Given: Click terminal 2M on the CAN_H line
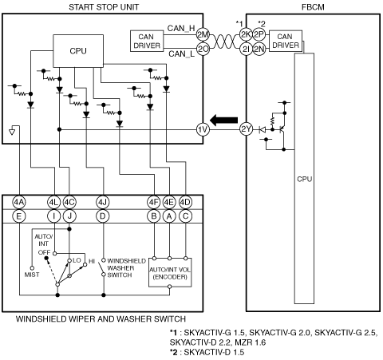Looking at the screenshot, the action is click(x=203, y=34).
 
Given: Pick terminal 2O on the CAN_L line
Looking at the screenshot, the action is click(x=203, y=49).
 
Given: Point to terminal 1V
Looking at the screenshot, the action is click(x=203, y=129).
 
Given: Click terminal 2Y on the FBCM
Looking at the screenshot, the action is click(x=246, y=129).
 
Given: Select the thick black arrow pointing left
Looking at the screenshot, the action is click(x=224, y=121).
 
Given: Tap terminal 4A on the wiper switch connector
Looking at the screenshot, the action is click(x=19, y=202).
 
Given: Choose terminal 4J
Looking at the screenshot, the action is click(x=103, y=202).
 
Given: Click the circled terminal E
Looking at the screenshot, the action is click(x=19, y=216).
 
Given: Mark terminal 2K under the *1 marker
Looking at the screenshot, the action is click(x=246, y=34).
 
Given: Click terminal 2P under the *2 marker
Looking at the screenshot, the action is click(x=259, y=34).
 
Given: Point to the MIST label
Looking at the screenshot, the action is click(x=32, y=275).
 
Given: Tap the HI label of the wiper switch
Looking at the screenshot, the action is click(x=92, y=261).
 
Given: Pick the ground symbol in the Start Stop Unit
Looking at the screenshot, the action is click(x=12, y=132).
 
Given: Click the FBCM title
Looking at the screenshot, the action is click(x=313, y=7).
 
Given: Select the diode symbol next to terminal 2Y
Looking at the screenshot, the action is click(x=263, y=129).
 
